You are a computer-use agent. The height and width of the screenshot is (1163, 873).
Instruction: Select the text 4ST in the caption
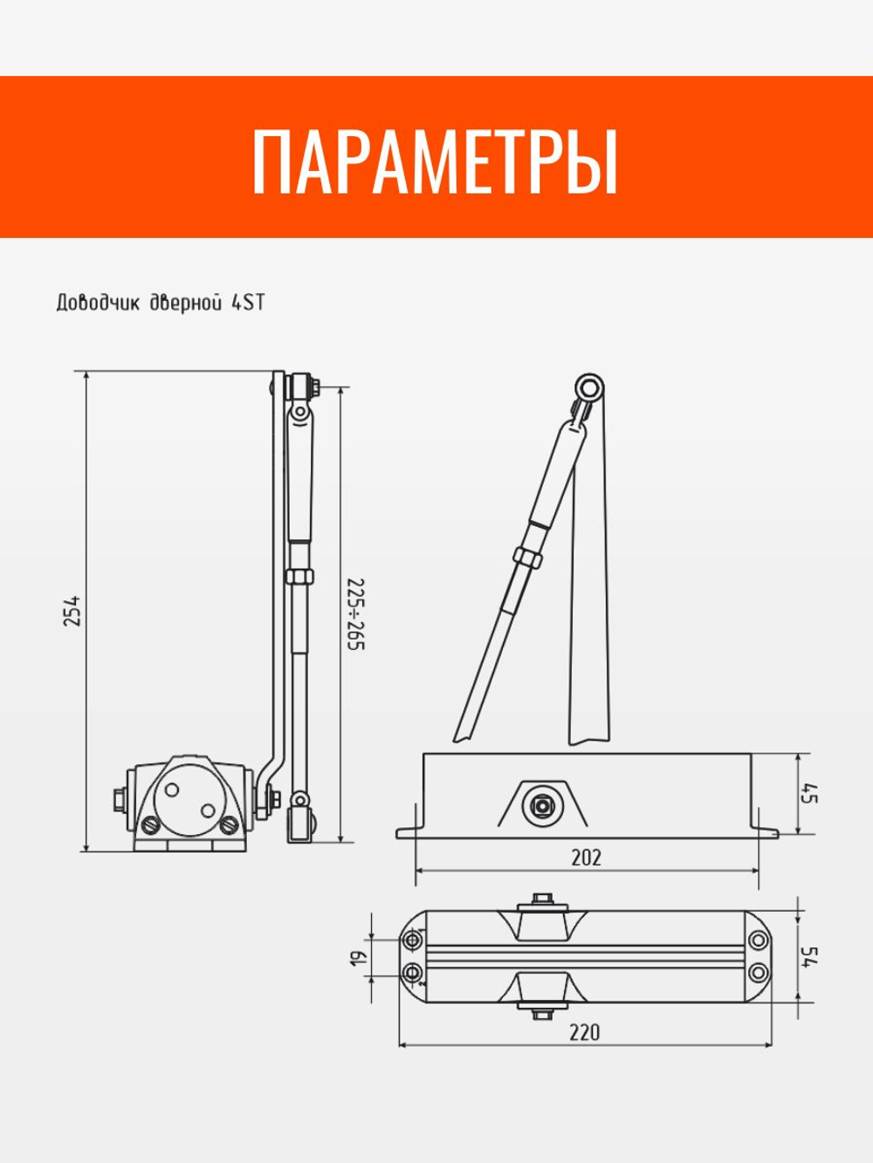(247, 304)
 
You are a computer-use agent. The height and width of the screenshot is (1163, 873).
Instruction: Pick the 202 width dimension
(586, 858)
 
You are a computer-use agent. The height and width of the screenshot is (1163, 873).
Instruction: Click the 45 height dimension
(809, 795)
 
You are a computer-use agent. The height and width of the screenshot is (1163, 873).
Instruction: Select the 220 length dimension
(585, 1032)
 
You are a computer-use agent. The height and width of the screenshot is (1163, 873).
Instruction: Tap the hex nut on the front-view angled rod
(529, 557)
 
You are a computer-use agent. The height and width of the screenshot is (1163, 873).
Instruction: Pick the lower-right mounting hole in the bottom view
(758, 971)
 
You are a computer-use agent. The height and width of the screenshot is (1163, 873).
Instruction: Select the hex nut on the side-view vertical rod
(298, 577)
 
